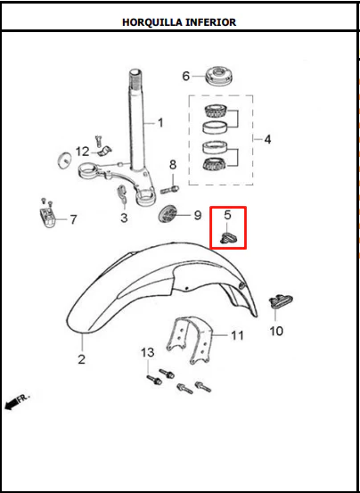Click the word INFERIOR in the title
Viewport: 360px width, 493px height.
(x=211, y=22)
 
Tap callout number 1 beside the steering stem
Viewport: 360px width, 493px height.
(x=160, y=123)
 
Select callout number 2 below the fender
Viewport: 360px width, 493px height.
(x=82, y=359)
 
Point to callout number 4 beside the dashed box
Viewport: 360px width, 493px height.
(x=267, y=139)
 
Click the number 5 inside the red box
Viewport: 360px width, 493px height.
(x=227, y=215)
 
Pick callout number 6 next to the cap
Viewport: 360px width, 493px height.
(x=186, y=76)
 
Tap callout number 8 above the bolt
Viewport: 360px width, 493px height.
(x=173, y=165)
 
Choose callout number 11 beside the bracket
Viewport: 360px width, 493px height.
(x=238, y=335)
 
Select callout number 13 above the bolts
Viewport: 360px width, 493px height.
(x=148, y=352)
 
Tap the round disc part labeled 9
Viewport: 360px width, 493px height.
(x=167, y=215)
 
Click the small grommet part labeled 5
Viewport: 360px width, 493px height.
(x=229, y=238)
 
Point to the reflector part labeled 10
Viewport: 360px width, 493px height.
(x=281, y=301)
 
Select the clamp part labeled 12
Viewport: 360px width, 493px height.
(x=104, y=152)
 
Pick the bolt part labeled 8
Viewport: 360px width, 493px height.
(x=169, y=190)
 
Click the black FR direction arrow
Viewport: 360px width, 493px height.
(x=11, y=404)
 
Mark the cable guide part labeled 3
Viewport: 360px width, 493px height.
(x=122, y=195)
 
